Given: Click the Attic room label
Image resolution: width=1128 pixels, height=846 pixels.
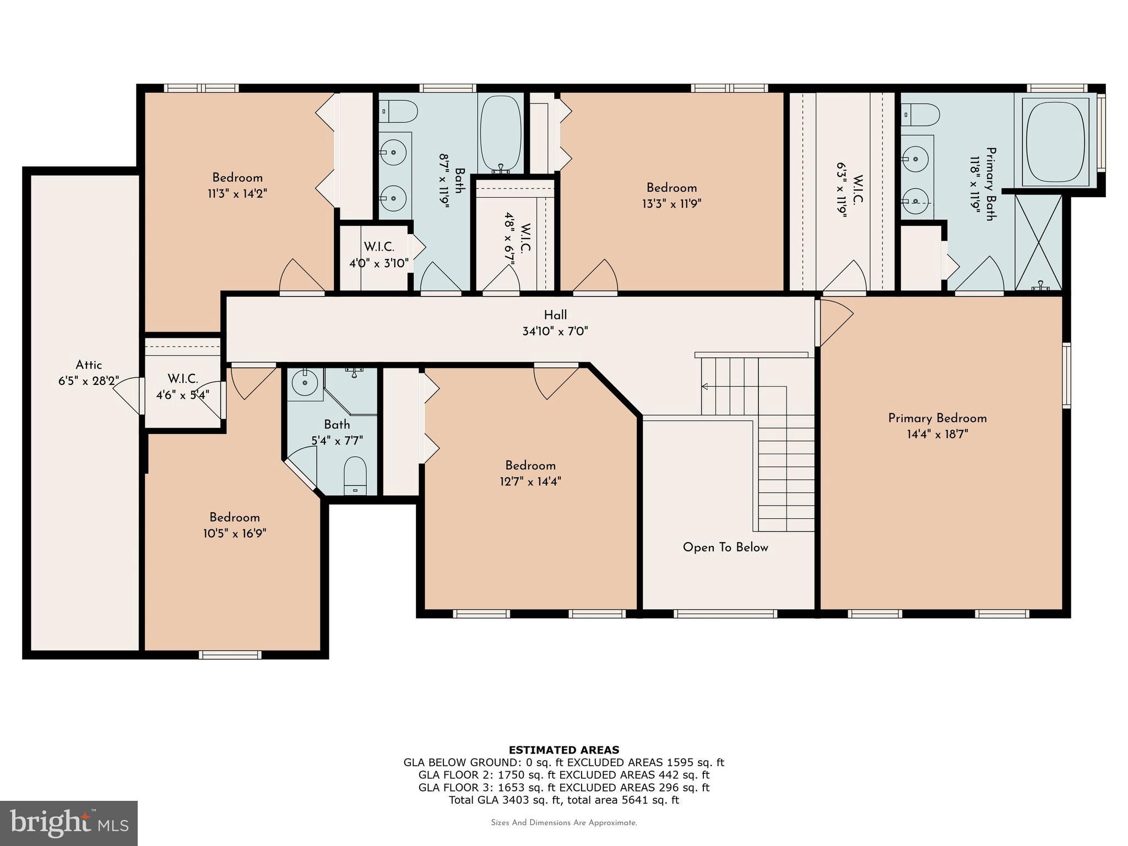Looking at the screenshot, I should pyautogui.click(x=89, y=365).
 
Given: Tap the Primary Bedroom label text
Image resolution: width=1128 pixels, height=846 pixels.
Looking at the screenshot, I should pyautogui.click(x=937, y=418).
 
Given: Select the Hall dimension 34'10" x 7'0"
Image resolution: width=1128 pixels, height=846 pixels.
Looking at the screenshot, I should pyautogui.click(x=555, y=332).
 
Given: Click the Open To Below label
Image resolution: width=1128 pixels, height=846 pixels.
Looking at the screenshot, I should pyautogui.click(x=725, y=547).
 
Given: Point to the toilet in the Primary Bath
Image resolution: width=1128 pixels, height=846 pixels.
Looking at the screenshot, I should pyautogui.click(x=921, y=115).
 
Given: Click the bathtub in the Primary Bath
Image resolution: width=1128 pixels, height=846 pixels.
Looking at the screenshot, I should pyautogui.click(x=1055, y=142).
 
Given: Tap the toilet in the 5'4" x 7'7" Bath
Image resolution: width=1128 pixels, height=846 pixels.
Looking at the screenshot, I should pyautogui.click(x=355, y=476).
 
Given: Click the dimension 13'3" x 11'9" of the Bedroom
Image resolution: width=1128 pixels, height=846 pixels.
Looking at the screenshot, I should pyautogui.click(x=671, y=204).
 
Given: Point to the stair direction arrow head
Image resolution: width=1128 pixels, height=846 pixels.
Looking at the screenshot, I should pyautogui.click(x=704, y=387).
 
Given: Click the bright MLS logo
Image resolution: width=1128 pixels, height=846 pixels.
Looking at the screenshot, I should pyautogui.click(x=68, y=822).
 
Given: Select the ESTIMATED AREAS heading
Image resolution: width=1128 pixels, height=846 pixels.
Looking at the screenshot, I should pyautogui.click(x=563, y=750).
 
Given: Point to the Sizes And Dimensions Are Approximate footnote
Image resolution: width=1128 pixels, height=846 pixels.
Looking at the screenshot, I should pyautogui.click(x=563, y=823).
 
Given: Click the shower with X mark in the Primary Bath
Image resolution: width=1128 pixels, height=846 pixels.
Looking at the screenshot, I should pyautogui.click(x=1038, y=242).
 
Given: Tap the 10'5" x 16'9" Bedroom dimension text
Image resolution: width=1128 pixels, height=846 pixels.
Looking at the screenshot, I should pyautogui.click(x=235, y=534).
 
